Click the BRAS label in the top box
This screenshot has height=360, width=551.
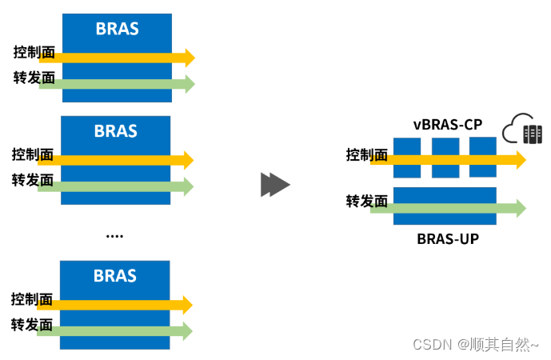pos(117,30)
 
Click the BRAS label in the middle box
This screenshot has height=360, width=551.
pos(116,131)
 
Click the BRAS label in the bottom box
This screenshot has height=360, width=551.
pos(115,276)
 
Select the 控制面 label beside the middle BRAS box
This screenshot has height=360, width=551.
pos(33,154)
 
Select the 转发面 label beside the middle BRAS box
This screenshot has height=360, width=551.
pos(33,181)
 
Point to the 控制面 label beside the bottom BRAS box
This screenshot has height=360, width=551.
pos(32,300)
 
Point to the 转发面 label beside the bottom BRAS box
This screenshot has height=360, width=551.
pos(32,326)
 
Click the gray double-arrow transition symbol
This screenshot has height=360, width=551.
pos(275,185)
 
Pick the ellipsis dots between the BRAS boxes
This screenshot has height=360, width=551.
pos(114,236)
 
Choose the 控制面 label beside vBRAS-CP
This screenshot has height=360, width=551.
pos(367,155)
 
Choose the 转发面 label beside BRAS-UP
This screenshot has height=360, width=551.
pos(367,202)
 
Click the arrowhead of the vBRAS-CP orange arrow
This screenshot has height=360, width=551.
pos(520,160)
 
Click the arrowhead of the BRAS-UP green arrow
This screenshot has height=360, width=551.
pos(520,208)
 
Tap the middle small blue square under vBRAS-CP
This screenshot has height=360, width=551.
pos(445,158)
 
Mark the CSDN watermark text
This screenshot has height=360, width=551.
pos(475,345)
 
